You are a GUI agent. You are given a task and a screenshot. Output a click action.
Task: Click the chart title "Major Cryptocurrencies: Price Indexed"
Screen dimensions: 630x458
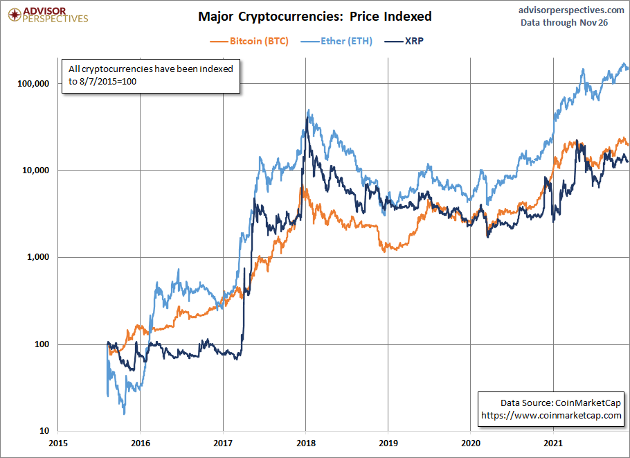tap(314, 17)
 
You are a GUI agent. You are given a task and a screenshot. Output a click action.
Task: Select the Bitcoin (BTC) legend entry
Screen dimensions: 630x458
tap(249, 41)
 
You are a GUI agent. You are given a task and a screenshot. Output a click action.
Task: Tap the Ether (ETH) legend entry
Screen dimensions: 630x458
tap(336, 41)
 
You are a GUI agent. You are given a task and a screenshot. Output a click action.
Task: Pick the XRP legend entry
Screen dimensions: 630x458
tap(404, 41)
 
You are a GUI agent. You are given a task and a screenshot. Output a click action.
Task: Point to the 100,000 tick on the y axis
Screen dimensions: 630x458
tap(33, 84)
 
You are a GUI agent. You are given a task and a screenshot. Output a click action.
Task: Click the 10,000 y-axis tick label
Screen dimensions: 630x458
tap(35, 170)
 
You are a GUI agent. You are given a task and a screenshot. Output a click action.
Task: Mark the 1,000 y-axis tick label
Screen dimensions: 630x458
tap(38, 257)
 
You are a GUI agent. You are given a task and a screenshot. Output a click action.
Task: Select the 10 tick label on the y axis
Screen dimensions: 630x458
tap(44, 431)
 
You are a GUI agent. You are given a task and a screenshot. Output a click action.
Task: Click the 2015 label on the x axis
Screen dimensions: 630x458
tap(58, 443)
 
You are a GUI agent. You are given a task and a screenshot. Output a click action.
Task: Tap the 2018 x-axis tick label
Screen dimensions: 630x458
tap(306, 443)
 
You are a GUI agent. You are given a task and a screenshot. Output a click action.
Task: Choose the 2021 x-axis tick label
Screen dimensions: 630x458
tap(553, 443)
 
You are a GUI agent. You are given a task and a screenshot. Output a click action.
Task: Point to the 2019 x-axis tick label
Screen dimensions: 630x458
tap(388, 443)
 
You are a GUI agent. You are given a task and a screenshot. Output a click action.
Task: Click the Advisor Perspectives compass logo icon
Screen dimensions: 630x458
tap(15, 15)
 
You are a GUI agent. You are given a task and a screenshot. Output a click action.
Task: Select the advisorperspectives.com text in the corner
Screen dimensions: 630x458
tap(571, 10)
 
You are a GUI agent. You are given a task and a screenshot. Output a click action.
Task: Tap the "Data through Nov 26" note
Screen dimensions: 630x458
tap(564, 22)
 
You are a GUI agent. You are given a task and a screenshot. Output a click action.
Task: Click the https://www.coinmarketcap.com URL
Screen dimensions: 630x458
tap(551, 415)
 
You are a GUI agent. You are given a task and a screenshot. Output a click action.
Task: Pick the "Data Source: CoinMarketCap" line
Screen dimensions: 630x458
tap(561, 403)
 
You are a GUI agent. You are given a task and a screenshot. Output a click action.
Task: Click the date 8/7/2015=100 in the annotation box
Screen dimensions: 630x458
tap(108, 82)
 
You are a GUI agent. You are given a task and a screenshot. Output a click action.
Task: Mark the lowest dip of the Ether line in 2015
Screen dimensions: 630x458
tap(124, 414)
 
